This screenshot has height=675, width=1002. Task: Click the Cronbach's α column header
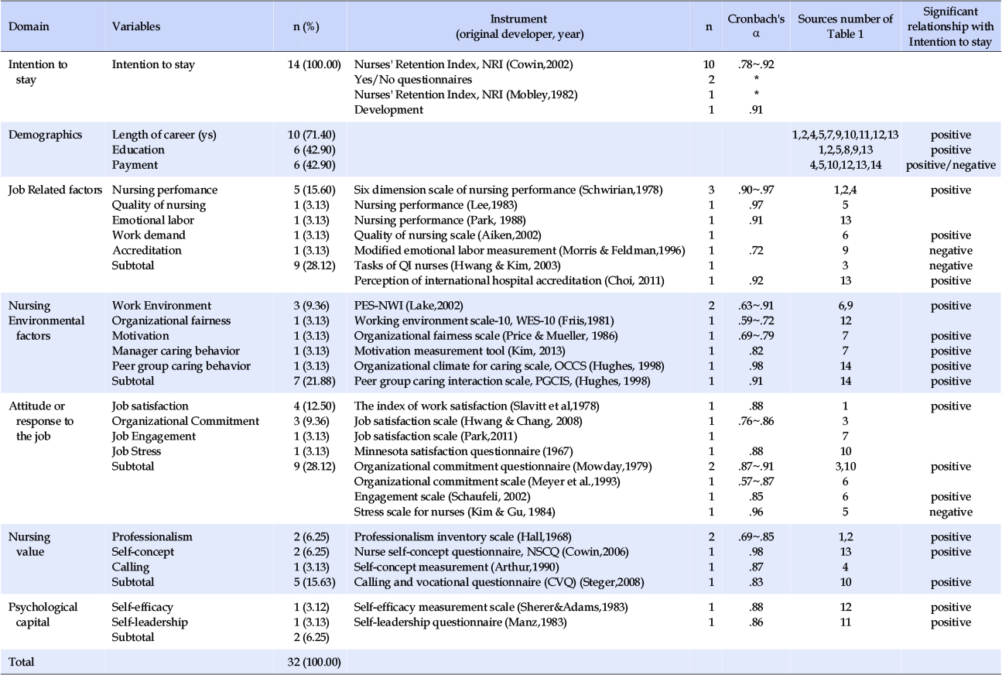756,26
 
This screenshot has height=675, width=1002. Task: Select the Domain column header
29,26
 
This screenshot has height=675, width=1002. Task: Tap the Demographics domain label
45,135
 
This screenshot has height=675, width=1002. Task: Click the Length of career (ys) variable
164,135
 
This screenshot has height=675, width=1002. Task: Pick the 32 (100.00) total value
314,662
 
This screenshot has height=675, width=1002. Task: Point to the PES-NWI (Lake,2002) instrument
409,306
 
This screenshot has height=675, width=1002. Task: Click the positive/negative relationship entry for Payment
951,165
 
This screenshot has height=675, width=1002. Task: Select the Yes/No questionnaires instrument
413,80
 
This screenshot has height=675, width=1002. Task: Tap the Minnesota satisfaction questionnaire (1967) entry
463,451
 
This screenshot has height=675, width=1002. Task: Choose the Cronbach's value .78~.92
756,64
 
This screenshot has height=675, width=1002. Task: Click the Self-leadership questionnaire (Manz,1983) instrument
460,622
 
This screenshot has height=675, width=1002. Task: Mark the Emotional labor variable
153,220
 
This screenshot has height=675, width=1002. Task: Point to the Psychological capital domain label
43,615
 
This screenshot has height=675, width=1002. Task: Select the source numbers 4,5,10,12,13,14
846,165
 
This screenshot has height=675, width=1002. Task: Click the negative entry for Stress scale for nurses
951,512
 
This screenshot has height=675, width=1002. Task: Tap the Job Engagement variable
154,437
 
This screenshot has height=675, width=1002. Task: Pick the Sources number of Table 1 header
846,26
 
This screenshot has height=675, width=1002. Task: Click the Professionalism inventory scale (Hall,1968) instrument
463,537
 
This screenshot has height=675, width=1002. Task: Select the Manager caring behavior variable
176,351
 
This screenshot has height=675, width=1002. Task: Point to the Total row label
21,662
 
